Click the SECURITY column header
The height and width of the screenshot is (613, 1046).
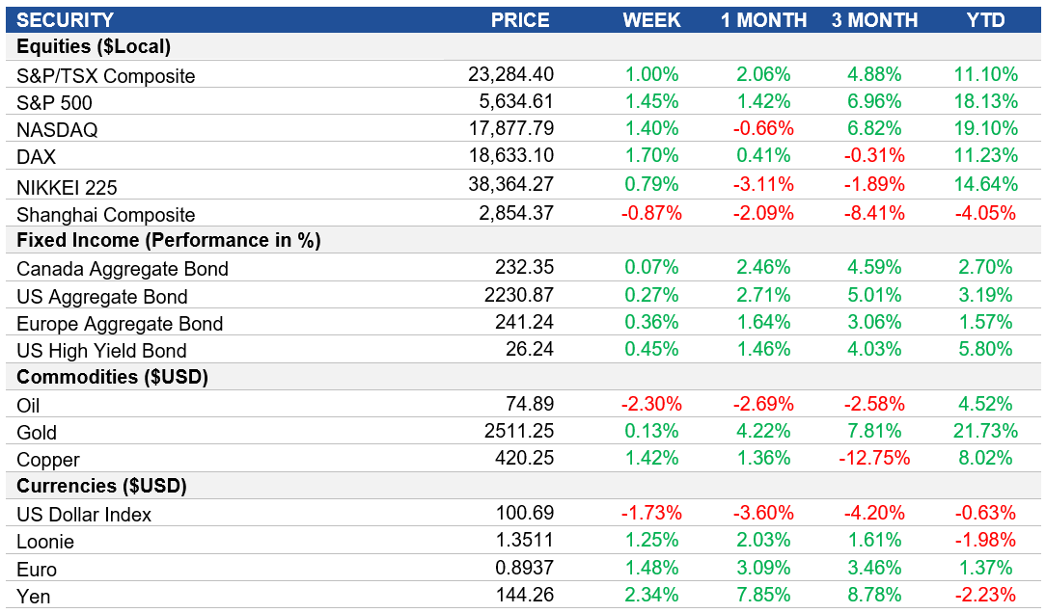[65, 20]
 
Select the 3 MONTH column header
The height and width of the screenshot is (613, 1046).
[875, 20]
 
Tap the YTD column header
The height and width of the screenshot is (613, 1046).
[986, 20]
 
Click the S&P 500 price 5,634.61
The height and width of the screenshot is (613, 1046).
[510, 101]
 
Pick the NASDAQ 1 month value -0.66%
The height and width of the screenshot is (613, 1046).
[763, 128]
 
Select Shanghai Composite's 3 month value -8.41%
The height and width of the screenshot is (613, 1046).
[874, 214]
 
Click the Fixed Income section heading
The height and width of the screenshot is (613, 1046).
[169, 240]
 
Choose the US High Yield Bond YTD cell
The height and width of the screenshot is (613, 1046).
[986, 350]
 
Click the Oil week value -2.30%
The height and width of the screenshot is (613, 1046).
[651, 404]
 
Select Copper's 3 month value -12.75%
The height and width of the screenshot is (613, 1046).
[870, 459]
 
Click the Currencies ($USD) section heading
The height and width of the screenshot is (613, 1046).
[101, 486]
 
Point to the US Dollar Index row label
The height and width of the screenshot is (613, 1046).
[84, 515]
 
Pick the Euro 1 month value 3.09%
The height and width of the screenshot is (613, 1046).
[763, 568]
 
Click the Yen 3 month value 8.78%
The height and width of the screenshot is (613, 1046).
[874, 595]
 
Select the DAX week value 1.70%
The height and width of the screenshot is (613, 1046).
[651, 155]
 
